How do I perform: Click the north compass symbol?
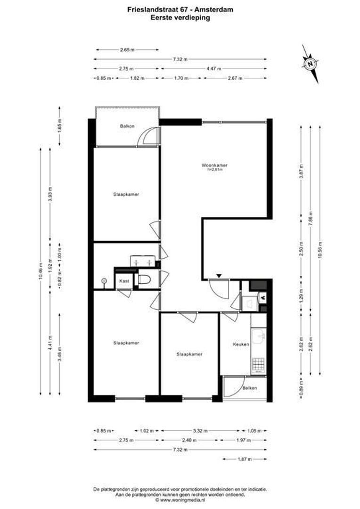(311, 64)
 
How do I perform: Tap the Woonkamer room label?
(214, 165)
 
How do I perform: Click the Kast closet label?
(124, 281)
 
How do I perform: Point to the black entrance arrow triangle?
(219, 276)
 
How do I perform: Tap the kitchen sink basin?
(259, 337)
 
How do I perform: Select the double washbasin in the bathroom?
(143, 262)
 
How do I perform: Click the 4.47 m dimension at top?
(213, 69)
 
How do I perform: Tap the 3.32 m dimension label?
(200, 431)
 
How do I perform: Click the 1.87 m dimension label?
(244, 459)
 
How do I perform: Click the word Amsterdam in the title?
(213, 9)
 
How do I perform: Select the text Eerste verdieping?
(180, 17)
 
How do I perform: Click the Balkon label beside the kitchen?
(250, 388)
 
